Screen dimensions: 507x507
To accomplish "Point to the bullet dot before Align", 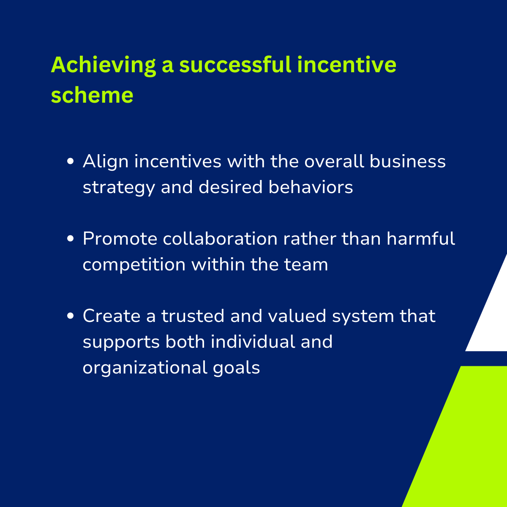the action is (70, 161).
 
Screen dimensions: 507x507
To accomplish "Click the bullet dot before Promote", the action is (70, 238).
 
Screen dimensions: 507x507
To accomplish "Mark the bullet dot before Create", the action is (70, 316).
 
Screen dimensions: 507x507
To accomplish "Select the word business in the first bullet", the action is (408, 161).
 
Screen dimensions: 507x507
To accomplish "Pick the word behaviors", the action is (311, 187).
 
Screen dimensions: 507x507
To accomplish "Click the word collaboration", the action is (220, 238).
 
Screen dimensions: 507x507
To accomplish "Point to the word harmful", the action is (421, 238).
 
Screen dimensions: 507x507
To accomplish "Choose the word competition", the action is (134, 265).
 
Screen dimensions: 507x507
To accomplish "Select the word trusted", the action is (193, 316).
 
